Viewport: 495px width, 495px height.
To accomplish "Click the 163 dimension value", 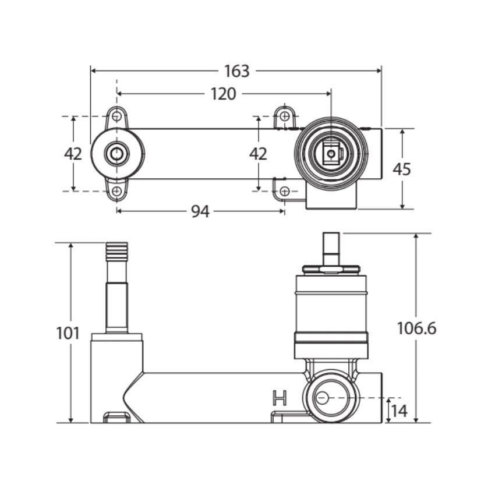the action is (x=237, y=71).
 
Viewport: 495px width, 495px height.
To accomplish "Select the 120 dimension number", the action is (x=223, y=94).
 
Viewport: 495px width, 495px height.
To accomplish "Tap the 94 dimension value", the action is (x=200, y=211).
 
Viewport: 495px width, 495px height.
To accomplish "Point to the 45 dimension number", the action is (x=402, y=169).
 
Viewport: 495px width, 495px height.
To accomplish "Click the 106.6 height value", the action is (x=417, y=328).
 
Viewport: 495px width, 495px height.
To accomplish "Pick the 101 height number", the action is (x=68, y=333).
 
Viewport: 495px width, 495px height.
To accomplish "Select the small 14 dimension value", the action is (x=399, y=411).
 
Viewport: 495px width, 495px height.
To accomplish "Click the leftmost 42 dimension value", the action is (x=73, y=154).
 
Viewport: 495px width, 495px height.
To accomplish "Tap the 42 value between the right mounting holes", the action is (x=258, y=154).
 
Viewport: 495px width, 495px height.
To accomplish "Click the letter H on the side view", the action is (x=280, y=398).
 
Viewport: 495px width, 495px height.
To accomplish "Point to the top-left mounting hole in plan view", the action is (x=117, y=116).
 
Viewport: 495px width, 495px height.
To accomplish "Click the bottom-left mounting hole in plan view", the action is (x=117, y=191).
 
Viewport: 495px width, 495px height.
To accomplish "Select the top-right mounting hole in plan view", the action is (x=285, y=116).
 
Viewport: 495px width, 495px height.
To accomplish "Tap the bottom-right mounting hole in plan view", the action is (x=285, y=191).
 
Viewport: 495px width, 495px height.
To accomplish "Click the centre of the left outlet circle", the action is (x=117, y=154).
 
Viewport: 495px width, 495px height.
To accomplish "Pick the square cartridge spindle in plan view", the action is (x=331, y=154).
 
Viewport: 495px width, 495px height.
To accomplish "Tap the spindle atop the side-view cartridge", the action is (x=331, y=249).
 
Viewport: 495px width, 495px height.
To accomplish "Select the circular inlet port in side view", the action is (x=331, y=397).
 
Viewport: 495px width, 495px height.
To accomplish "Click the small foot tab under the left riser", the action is (x=117, y=417).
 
